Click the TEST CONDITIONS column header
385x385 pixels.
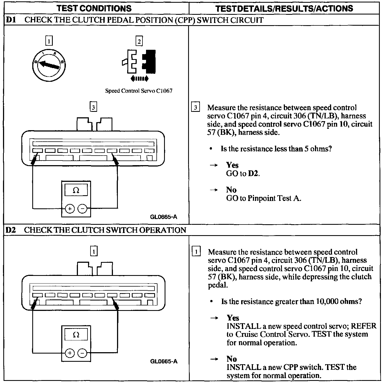94,8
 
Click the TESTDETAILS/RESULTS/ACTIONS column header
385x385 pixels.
284,8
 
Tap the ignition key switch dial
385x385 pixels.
49,65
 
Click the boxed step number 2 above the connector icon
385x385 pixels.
139,41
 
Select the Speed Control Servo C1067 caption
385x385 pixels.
139,91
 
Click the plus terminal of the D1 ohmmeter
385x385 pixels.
70,209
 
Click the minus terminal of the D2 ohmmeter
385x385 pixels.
82,353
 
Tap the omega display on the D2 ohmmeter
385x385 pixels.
76,335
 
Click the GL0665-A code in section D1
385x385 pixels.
164,217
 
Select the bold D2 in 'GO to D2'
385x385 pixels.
253,173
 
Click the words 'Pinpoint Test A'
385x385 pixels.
274,198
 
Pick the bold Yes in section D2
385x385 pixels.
233,318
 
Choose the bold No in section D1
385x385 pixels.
231,190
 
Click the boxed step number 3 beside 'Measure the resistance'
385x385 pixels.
195,107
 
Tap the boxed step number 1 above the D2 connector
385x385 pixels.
94,251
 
